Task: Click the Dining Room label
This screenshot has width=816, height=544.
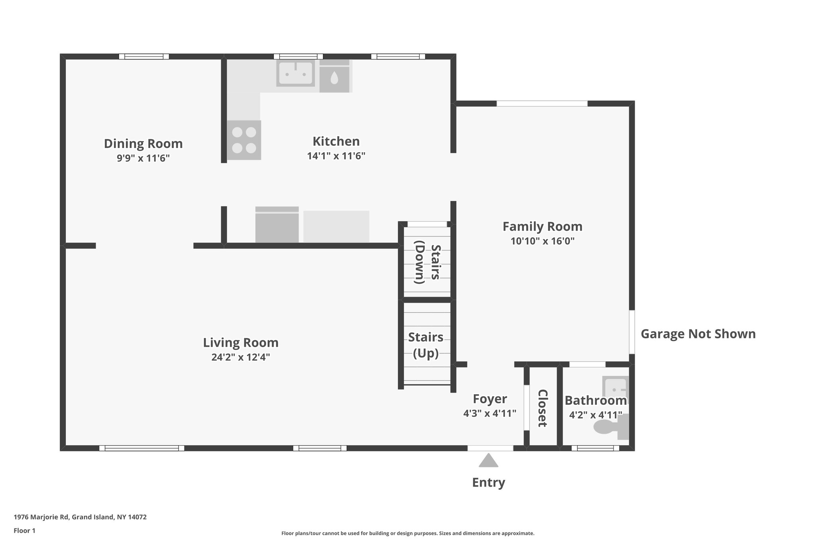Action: [143, 143]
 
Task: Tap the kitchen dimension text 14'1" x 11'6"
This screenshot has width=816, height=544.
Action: [336, 156]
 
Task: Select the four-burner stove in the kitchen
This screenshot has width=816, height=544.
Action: [244, 140]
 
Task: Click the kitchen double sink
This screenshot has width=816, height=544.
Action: [295, 73]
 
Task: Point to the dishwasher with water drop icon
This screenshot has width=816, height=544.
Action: [334, 77]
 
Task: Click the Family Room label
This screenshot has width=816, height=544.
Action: [542, 226]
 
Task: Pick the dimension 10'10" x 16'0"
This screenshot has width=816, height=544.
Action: [542, 241]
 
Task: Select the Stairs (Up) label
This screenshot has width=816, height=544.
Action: [426, 345]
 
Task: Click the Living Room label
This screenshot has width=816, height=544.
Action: [241, 342]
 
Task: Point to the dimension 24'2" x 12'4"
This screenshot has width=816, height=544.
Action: [241, 357]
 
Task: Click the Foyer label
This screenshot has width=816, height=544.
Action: [490, 399]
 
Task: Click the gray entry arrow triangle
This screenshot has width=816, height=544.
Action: [488, 461]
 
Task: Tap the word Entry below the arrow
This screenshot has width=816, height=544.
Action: [488, 482]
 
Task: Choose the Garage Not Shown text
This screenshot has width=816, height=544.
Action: [698, 334]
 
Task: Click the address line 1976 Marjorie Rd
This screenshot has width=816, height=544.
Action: [80, 517]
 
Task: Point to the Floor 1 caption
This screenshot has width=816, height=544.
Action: [24, 530]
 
